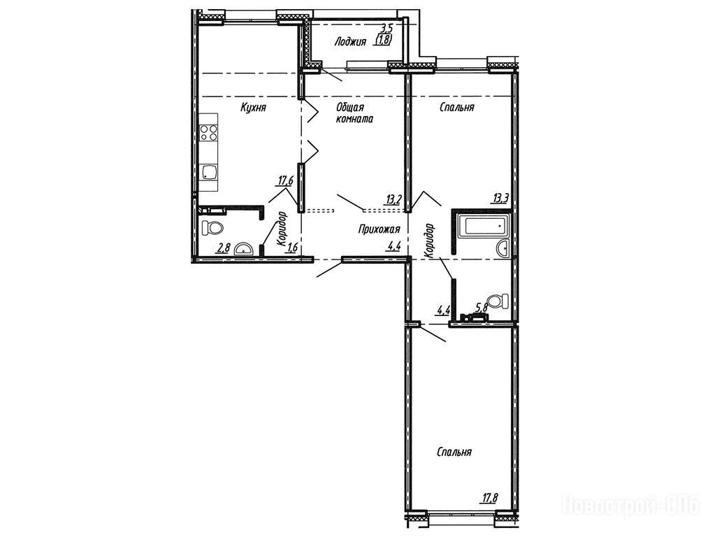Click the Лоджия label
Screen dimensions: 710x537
coord(349,42)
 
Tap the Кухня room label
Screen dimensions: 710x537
coord(253,108)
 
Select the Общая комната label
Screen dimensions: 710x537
coord(354,113)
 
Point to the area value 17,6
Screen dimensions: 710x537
coord(286,181)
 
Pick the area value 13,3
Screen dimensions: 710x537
coord(501,197)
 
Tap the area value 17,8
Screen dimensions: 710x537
coord(489,499)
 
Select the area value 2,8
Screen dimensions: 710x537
coord(224,248)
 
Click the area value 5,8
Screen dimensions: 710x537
coord(481,307)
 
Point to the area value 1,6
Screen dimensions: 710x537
coord(293,247)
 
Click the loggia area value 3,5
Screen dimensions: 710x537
coord(386,29)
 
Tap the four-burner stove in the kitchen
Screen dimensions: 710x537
coord(208,132)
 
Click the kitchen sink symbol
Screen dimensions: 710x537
coord(209,172)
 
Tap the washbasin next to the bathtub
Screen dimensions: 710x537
coord(502,248)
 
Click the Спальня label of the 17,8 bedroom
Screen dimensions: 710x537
coord(455,452)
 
